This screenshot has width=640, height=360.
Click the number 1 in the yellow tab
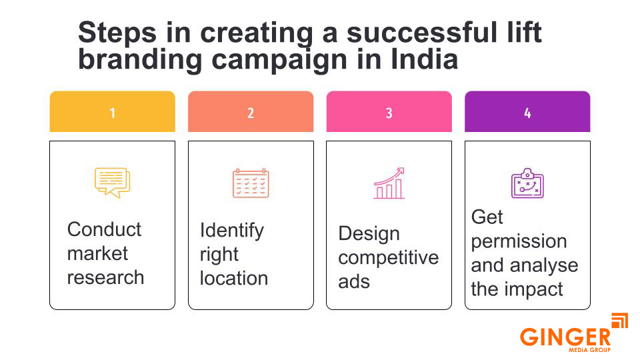click(112, 113)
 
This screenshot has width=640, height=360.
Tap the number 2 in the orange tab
click(251, 113)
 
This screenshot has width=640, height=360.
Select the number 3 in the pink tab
click(389, 113)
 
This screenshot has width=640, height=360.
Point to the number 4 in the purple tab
click(527, 113)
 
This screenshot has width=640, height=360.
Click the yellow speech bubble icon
click(112, 183)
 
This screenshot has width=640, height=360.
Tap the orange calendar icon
click(251, 183)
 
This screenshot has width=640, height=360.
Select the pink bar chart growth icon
click(389, 183)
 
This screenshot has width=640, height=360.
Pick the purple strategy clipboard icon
click(527, 183)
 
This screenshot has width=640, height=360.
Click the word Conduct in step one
click(104, 229)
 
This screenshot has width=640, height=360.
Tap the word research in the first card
click(105, 277)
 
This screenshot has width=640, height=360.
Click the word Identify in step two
click(231, 231)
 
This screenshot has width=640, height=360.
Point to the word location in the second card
click(233, 279)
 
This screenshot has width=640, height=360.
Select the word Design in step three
click(369, 234)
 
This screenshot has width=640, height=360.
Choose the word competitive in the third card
click(389, 258)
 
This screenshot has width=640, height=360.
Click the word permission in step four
click(519, 241)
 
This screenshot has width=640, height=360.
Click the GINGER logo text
click(565, 337)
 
